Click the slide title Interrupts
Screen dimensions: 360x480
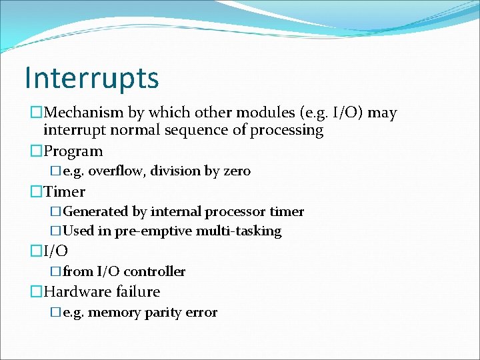(91, 77)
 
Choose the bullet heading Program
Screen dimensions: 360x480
(73, 151)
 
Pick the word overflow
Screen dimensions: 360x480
(117, 171)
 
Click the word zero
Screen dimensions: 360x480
(237, 171)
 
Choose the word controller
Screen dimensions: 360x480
(155, 271)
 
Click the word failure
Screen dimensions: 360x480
(138, 291)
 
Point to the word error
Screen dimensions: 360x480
(201, 312)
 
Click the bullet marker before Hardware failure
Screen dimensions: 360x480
(36, 292)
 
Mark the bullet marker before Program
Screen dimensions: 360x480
(36, 152)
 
